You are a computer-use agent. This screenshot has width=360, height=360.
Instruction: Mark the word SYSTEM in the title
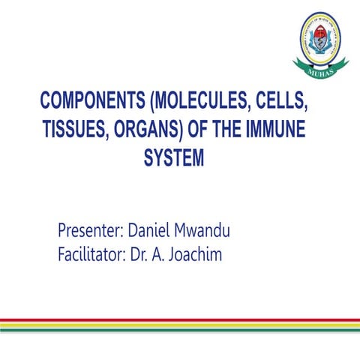click(172, 160)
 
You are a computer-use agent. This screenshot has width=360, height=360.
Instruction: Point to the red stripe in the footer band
click(180, 319)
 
